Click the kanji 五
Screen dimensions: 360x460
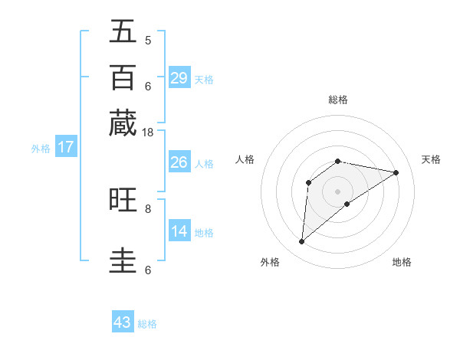click(x=123, y=33)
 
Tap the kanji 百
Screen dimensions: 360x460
click(x=123, y=77)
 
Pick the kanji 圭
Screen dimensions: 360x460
click(x=123, y=260)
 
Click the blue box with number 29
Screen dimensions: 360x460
click(x=179, y=77)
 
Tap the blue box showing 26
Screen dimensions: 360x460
click(x=179, y=162)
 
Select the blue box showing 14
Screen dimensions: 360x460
click(x=179, y=231)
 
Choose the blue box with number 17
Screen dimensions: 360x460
click(x=65, y=148)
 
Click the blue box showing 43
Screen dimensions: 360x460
click(x=123, y=322)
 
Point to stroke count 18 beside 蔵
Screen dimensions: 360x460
click(x=148, y=133)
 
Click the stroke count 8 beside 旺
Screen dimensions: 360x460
click(x=148, y=208)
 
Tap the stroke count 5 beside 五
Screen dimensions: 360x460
click(x=148, y=41)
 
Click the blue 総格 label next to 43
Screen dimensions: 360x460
click(x=147, y=324)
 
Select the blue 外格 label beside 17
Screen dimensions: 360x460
click(x=41, y=149)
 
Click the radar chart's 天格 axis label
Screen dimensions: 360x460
click(x=431, y=159)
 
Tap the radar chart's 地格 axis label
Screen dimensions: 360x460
click(x=402, y=262)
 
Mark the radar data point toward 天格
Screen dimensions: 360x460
click(x=396, y=172)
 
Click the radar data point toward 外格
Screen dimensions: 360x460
click(x=301, y=242)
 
